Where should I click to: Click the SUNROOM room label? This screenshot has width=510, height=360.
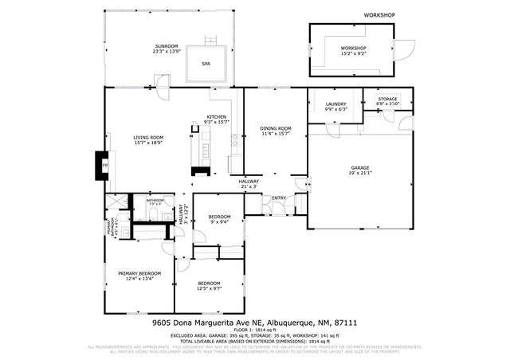click(x=167, y=45)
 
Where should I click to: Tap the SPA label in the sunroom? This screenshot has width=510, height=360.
click(x=206, y=63)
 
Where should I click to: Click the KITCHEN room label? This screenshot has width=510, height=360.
click(x=217, y=117)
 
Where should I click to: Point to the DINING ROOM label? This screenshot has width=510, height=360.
click(x=276, y=128)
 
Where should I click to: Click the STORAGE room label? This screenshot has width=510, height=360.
click(x=387, y=99)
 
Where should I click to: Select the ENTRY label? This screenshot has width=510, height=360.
click(x=279, y=198)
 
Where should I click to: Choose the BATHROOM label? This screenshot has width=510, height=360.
click(x=155, y=200)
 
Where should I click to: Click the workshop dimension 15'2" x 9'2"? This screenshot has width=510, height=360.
click(x=354, y=53)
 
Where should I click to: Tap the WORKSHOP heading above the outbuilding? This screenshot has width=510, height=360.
click(x=379, y=15)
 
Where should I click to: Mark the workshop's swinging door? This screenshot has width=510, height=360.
click(x=407, y=49)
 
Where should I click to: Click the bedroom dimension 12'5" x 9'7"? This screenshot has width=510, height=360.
click(x=210, y=288)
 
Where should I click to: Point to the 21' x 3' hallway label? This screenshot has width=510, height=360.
click(x=249, y=186)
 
